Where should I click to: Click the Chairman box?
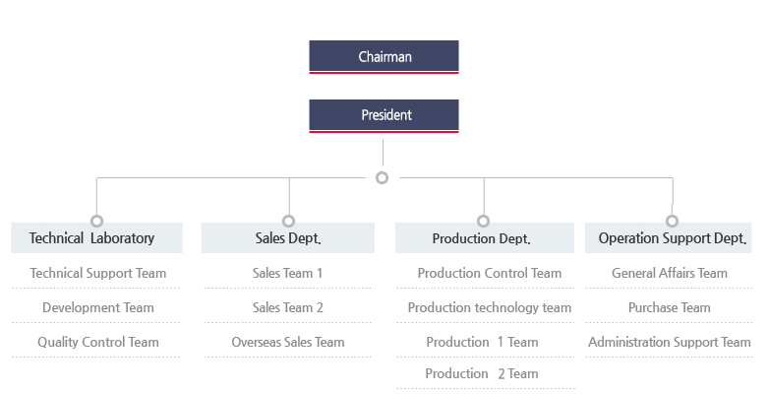(384, 57)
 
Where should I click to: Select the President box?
(384, 115)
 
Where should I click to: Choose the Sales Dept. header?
(288, 238)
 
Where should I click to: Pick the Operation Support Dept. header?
(673, 238)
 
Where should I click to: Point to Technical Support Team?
(98, 273)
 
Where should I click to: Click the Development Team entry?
(98, 307)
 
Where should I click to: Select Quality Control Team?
(98, 342)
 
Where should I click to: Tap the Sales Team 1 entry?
(288, 273)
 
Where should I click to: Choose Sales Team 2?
(288, 307)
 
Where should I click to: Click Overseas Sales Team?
(288, 342)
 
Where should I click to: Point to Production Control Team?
(490, 273)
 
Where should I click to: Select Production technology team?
(490, 307)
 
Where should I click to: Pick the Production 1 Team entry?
(483, 342)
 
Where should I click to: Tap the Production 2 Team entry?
(482, 373)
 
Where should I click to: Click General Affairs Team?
(670, 273)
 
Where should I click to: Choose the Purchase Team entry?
(670, 307)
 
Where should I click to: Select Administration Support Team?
(670, 342)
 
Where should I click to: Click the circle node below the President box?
(383, 178)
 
